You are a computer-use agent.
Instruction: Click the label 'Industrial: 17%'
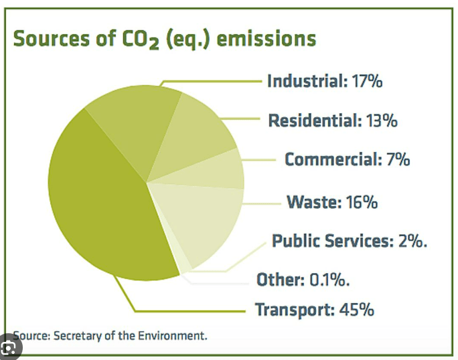point(325,82)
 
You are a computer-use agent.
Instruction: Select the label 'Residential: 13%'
point(333,120)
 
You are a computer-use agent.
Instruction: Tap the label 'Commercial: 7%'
point(347,159)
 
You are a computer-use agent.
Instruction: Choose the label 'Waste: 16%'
point(331,201)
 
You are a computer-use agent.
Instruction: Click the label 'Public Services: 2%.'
point(350,241)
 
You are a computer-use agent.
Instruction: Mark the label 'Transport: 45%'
point(314,310)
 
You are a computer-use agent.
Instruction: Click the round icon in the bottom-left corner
point(8,348)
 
